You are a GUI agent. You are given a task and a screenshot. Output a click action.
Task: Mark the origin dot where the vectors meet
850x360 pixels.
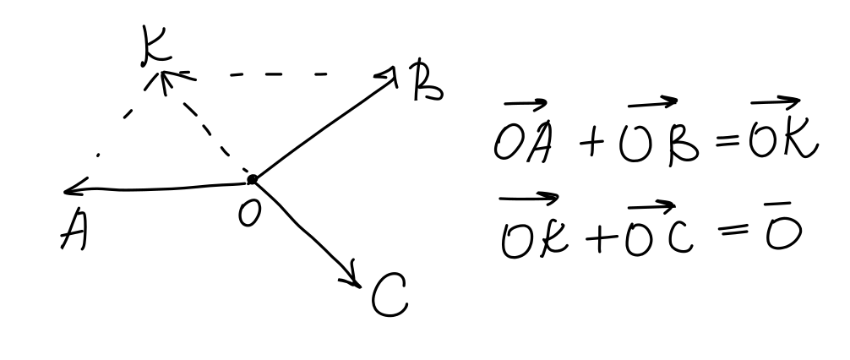coord(252,179)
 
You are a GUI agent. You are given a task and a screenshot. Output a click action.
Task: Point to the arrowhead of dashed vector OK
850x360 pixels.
coord(166,80)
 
